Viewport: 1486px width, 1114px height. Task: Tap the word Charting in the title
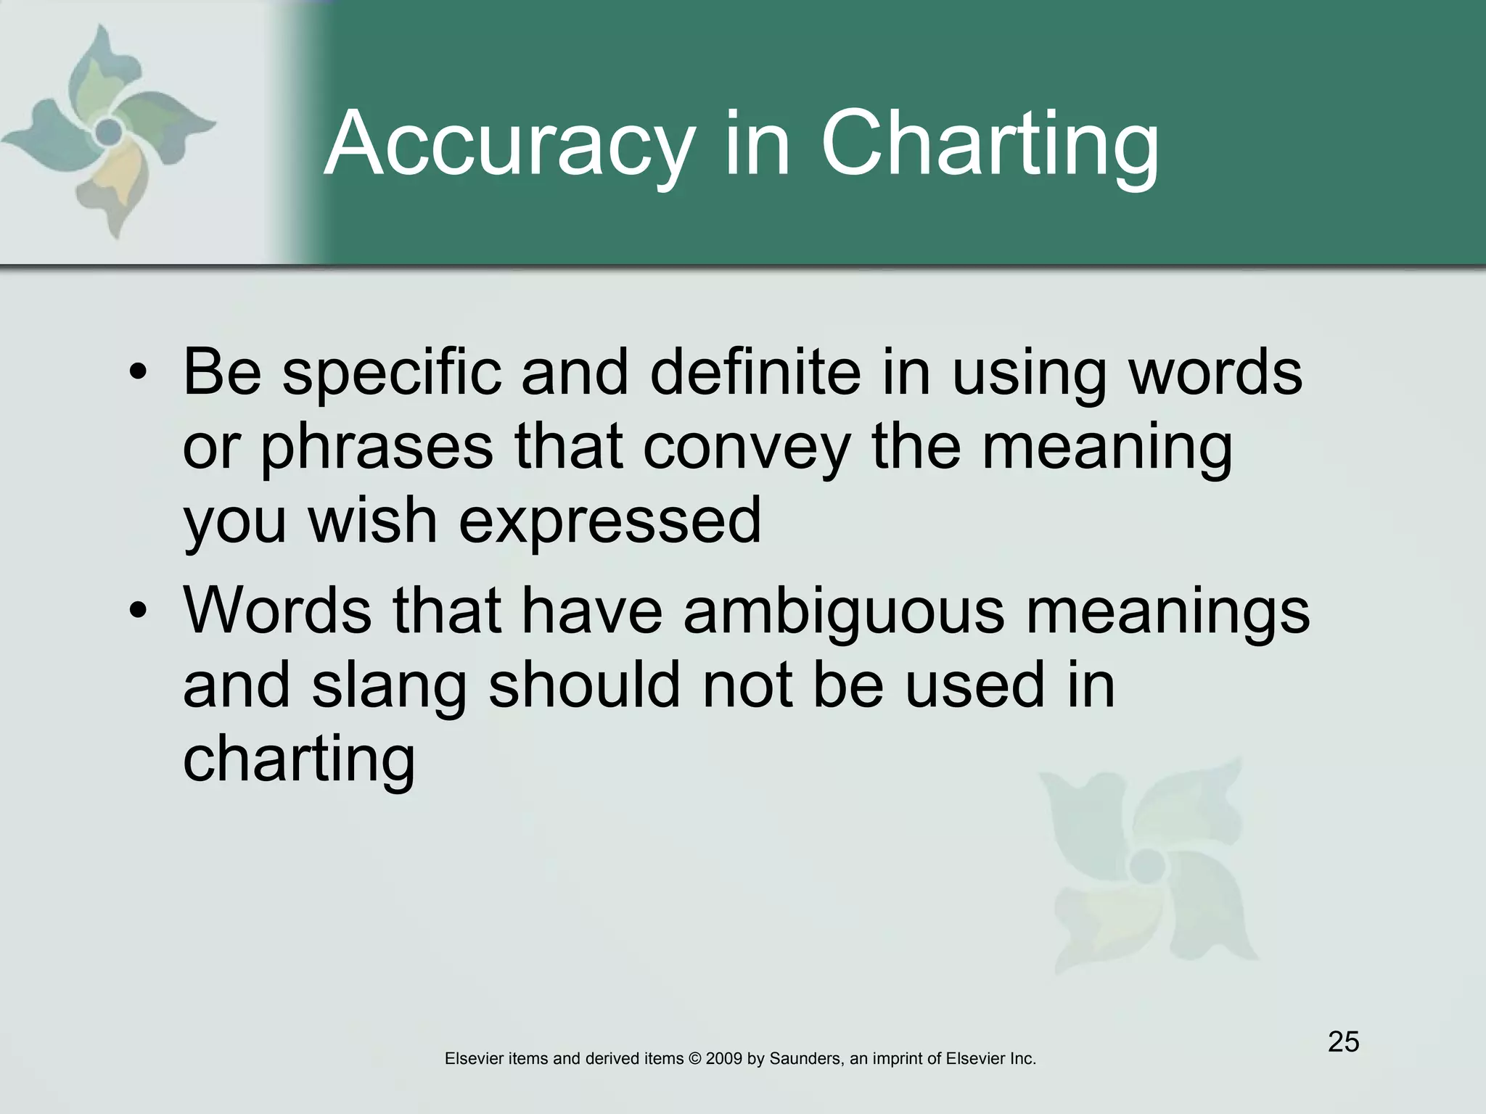(990, 145)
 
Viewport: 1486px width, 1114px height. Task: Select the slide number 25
(1343, 1041)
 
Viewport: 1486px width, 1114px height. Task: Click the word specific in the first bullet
(392, 374)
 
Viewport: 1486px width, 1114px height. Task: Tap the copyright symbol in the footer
(694, 1059)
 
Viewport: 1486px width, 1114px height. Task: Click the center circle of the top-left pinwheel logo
(109, 131)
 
